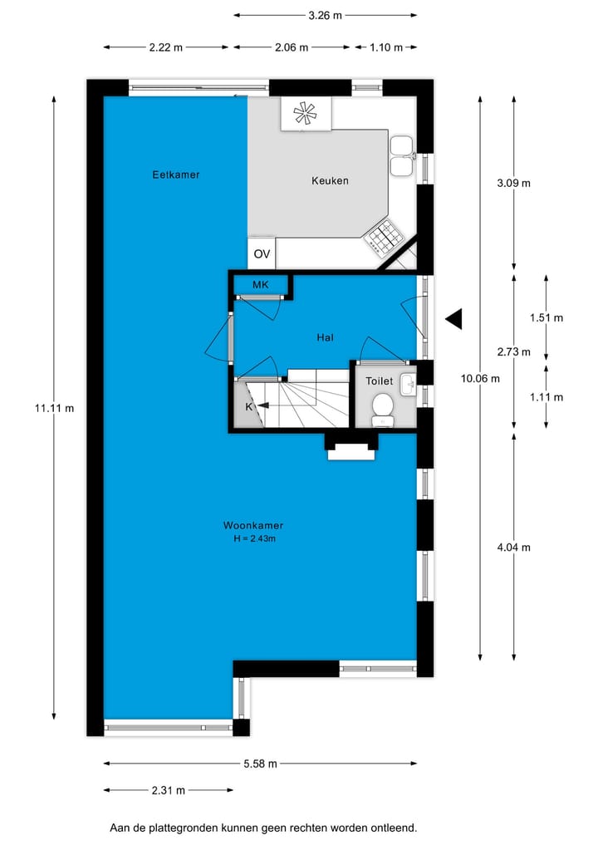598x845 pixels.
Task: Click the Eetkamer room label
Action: pyautogui.click(x=176, y=174)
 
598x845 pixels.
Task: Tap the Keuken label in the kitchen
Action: pyautogui.click(x=330, y=180)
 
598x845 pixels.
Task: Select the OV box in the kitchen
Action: pyautogui.click(x=262, y=253)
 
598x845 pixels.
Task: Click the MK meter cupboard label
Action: pyautogui.click(x=261, y=285)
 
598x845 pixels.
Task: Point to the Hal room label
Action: pyautogui.click(x=325, y=337)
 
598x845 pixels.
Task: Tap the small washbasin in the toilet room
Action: pyautogui.click(x=408, y=385)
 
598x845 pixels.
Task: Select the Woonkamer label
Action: pyautogui.click(x=253, y=525)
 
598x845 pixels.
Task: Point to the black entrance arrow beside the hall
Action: pyautogui.click(x=453, y=318)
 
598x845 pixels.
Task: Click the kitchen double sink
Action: pyautogui.click(x=402, y=155)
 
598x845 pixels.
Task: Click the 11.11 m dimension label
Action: pyautogui.click(x=54, y=407)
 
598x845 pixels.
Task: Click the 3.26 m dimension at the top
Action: pyautogui.click(x=325, y=14)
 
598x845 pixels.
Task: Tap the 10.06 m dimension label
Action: pyautogui.click(x=480, y=379)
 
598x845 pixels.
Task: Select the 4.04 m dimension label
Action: pyautogui.click(x=513, y=547)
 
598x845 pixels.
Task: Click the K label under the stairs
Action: pyautogui.click(x=248, y=406)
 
